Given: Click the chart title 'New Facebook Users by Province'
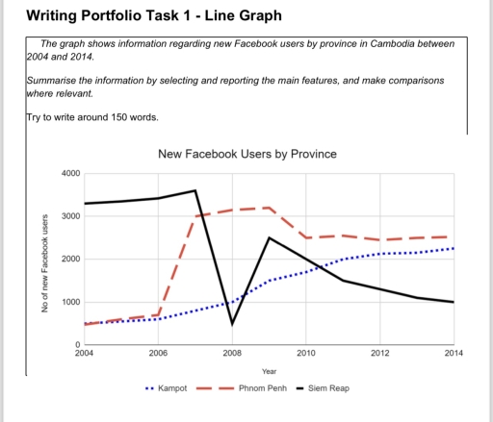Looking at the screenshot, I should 246,155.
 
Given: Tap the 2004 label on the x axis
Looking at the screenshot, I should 85,355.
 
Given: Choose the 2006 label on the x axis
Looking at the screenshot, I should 158,355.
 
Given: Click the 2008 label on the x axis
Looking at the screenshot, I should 232,355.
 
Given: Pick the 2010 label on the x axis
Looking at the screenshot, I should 305,355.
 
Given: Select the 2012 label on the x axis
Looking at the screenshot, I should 378,355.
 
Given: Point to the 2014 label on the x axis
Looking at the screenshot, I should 452,355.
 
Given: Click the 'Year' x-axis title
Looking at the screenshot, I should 269,371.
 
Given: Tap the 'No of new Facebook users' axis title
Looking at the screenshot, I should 45,262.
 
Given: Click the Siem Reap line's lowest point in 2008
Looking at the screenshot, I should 232,324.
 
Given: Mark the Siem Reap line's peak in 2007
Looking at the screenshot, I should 195,190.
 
